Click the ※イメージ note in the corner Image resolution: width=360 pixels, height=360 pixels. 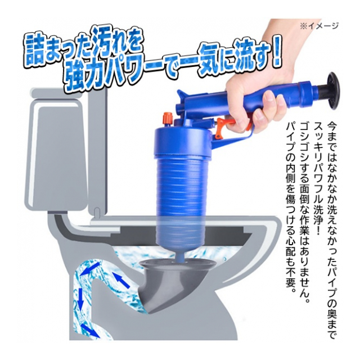pyautogui.click(x=319, y=26)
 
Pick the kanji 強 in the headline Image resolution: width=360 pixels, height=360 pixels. pyautogui.click(x=74, y=78)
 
